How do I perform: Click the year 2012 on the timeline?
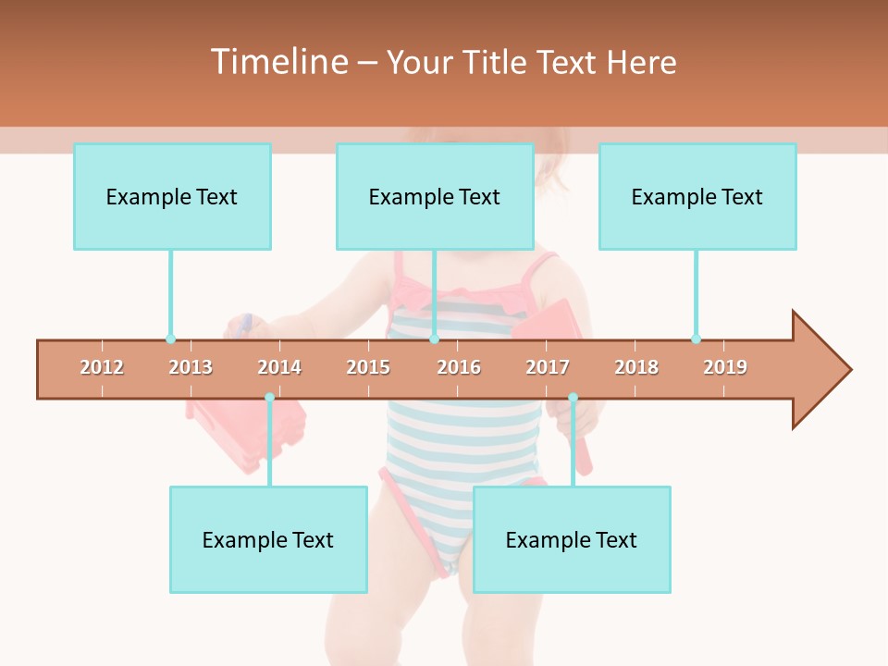pos(102,367)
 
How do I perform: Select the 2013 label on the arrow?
pos(191,367)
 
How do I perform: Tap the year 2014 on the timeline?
pos(279,367)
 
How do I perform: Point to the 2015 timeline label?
pos(368,367)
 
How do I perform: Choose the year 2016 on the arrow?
pos(459,367)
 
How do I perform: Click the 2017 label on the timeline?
pos(548,367)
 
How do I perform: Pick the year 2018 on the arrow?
pos(636,367)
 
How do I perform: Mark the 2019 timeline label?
pos(725,367)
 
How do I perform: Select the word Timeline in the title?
pos(278,62)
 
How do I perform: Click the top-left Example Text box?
pos(172,196)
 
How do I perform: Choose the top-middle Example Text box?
pos(435,196)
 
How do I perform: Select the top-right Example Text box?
pos(697,196)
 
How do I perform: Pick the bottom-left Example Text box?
pos(268,539)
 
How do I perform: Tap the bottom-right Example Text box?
pos(572,539)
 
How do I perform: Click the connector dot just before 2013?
pos(170,339)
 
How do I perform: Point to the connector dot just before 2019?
pos(696,339)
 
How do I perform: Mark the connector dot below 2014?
pos(269,397)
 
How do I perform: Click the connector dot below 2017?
pos(573,397)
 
